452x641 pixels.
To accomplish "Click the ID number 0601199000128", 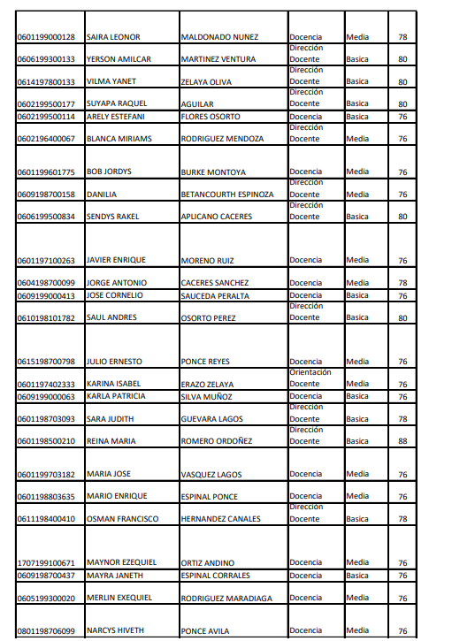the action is click(x=46, y=37).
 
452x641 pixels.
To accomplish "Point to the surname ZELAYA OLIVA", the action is click(x=206, y=81).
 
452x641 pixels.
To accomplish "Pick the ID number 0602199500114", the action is click(x=46, y=116).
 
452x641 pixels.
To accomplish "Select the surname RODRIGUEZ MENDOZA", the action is click(x=222, y=139).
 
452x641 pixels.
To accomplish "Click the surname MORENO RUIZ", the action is click(x=206, y=261).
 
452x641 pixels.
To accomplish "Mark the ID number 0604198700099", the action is click(x=46, y=283).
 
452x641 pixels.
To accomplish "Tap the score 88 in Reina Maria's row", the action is click(x=402, y=440).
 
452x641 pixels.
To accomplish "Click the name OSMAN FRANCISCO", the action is click(x=122, y=519).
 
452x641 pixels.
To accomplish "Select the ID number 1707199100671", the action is click(x=46, y=562).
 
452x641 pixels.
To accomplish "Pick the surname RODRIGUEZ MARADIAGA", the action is click(x=227, y=598).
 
